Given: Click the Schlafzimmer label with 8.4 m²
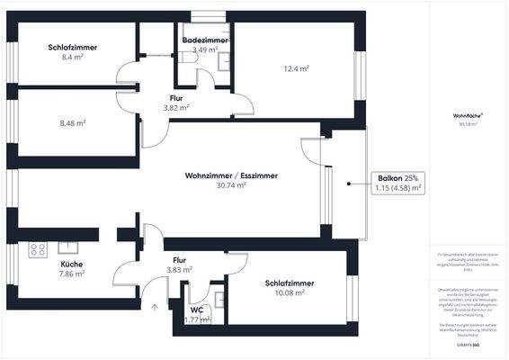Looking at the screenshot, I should click(x=72, y=48).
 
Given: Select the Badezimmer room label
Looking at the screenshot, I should click(x=205, y=41).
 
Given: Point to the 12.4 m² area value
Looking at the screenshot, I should click(x=295, y=68).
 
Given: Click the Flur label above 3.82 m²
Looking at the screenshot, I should click(x=176, y=97).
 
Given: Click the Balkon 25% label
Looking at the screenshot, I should click(x=397, y=178).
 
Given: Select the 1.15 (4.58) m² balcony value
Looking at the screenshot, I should click(x=397, y=188).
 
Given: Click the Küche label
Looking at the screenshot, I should click(x=71, y=264).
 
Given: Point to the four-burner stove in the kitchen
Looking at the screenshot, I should click(x=38, y=247).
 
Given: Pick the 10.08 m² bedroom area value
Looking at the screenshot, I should click(x=289, y=292).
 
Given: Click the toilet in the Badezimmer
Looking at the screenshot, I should click(x=185, y=56).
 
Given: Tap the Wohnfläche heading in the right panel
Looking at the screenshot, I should click(x=468, y=115).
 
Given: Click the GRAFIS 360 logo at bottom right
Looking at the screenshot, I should click(x=468, y=344).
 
